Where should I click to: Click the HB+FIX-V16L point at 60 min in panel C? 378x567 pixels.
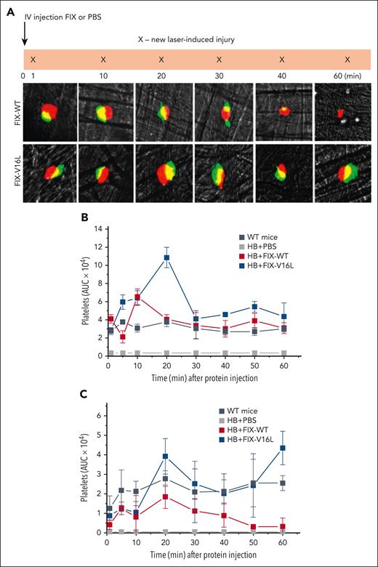click(x=282, y=448)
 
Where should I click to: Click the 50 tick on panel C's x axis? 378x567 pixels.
click(x=253, y=542)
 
